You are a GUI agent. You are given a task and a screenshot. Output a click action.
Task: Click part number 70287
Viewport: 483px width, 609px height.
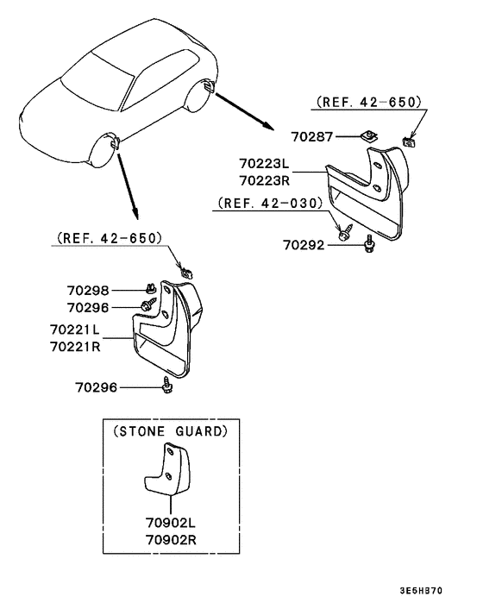[312, 136]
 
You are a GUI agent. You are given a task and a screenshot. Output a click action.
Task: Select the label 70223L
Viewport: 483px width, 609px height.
[265, 164]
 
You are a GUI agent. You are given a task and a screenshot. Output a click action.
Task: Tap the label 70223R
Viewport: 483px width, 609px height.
[265, 180]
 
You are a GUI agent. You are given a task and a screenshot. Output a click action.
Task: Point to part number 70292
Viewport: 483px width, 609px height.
[304, 245]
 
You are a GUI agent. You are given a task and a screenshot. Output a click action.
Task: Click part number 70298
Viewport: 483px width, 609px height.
[88, 291]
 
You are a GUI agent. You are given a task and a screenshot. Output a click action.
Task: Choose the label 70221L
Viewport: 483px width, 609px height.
[75, 330]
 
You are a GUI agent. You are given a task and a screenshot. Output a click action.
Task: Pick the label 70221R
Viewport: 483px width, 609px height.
[75, 347]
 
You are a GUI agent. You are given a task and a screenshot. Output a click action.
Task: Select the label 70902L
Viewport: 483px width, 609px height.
[171, 523]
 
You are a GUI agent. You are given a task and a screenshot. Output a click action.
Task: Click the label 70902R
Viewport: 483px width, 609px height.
[171, 539]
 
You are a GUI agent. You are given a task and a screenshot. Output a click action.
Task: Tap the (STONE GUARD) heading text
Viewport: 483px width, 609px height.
[171, 431]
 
